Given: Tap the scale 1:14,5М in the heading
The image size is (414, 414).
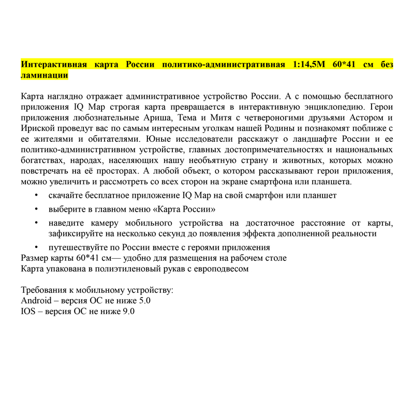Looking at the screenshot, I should tap(312, 65).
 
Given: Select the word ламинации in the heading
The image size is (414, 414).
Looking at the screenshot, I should tap(44, 75).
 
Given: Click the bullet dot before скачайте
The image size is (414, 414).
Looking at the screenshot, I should tap(36, 196).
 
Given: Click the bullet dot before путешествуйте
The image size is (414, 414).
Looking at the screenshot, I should tap(36, 247).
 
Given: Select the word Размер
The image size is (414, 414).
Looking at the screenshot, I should tap(35, 258).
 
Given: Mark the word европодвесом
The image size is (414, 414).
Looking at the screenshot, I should tap(218, 269).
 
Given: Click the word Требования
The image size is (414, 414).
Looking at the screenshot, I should tap(45, 290).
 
